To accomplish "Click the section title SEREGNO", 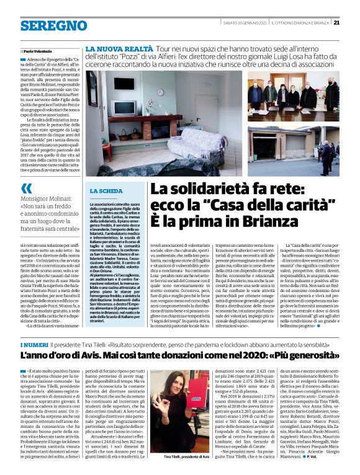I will [45, 26].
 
